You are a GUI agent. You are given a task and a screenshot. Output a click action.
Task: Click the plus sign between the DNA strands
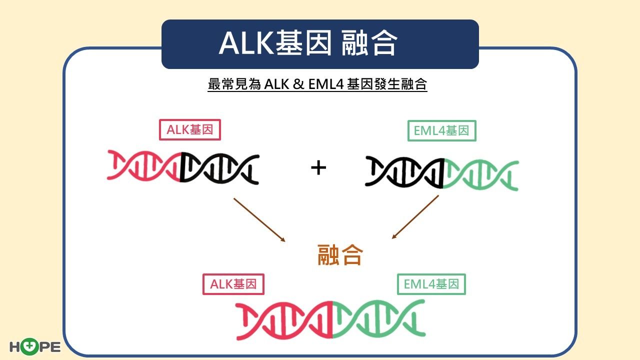click(x=318, y=167)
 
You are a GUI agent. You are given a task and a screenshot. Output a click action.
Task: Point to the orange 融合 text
click(x=340, y=254)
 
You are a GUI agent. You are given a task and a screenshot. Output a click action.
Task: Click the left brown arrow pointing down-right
click(x=259, y=220)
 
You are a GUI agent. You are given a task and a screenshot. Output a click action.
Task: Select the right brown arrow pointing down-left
click(x=415, y=217)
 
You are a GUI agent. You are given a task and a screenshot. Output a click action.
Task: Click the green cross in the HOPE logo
click(x=29, y=346)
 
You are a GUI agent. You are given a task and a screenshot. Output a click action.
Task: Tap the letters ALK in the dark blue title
click(x=246, y=43)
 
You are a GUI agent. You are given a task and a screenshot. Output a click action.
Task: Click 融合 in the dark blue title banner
click(x=369, y=43)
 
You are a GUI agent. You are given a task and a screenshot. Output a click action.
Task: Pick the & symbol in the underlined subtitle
click(x=298, y=84)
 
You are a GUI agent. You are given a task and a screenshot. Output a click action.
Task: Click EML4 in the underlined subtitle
click(x=326, y=84)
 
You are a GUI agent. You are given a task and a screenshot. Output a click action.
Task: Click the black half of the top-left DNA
click(x=220, y=169)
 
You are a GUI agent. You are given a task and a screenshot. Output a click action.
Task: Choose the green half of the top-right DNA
click(x=481, y=175)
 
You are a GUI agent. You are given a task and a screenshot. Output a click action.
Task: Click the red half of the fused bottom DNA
click(x=283, y=320)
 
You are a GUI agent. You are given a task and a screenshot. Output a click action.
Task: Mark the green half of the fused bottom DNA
click(x=379, y=318)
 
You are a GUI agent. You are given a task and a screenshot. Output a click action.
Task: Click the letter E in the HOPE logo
click(x=55, y=347)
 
